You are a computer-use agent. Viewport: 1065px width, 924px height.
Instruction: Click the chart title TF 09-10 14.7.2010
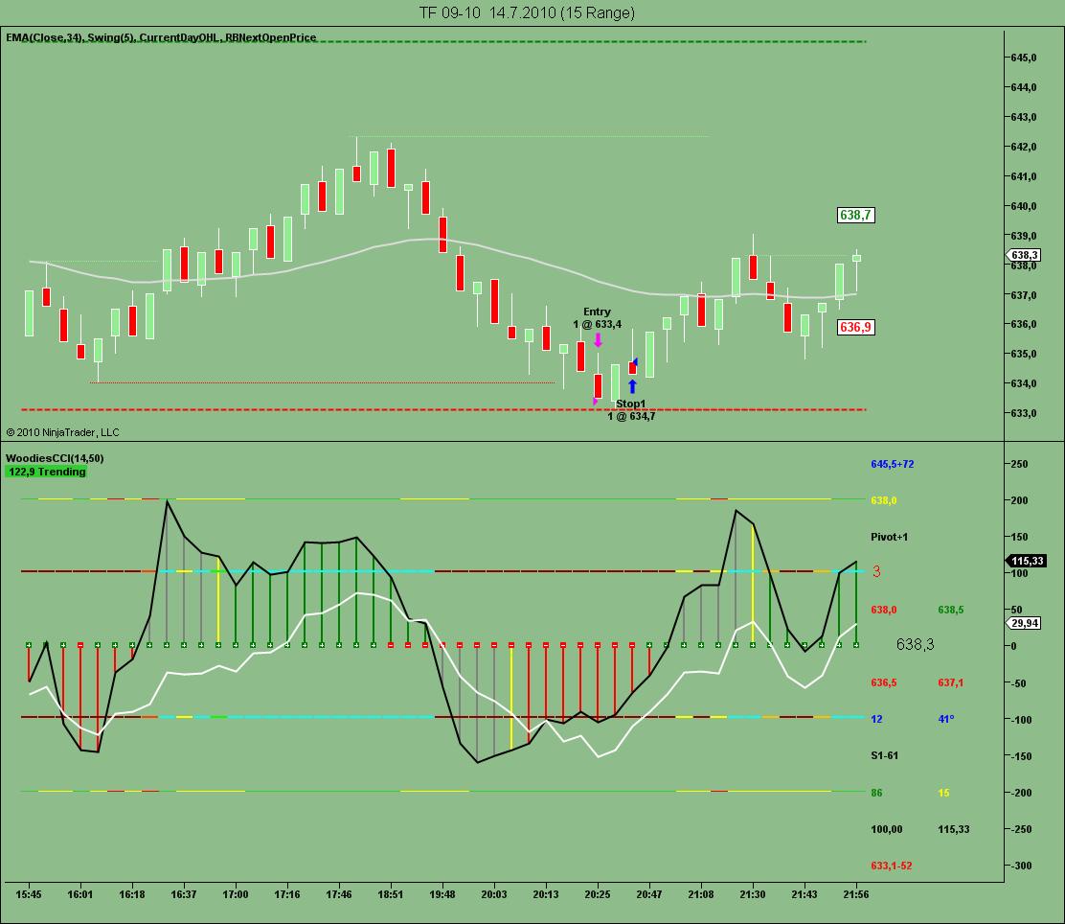[526, 12]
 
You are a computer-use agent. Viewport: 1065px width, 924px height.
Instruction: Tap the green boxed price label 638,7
[855, 216]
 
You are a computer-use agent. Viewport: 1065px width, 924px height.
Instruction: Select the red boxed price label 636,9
[855, 327]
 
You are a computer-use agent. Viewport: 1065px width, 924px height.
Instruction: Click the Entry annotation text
[597, 312]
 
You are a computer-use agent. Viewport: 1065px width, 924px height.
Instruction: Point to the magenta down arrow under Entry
[598, 339]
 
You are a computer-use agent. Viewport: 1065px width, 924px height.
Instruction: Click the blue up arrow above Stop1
[632, 387]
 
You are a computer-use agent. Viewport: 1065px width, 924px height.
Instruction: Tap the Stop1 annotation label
[630, 404]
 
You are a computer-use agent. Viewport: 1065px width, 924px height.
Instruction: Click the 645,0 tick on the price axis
[1024, 58]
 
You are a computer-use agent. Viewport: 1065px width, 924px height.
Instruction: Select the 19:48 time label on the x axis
[442, 894]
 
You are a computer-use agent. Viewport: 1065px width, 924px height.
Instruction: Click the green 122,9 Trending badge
[47, 472]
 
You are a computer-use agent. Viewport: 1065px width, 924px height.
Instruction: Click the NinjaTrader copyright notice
[62, 432]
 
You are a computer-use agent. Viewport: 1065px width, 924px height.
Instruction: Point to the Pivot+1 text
[889, 537]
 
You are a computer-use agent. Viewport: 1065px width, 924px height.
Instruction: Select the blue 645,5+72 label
[892, 464]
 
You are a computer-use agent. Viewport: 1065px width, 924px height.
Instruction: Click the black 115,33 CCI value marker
[1024, 561]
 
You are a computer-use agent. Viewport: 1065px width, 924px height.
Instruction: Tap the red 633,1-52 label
[891, 866]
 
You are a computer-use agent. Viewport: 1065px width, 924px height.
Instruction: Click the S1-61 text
[884, 755]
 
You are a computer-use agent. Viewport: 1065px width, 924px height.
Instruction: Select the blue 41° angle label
[945, 719]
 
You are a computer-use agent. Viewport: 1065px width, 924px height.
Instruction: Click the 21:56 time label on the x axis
[856, 894]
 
